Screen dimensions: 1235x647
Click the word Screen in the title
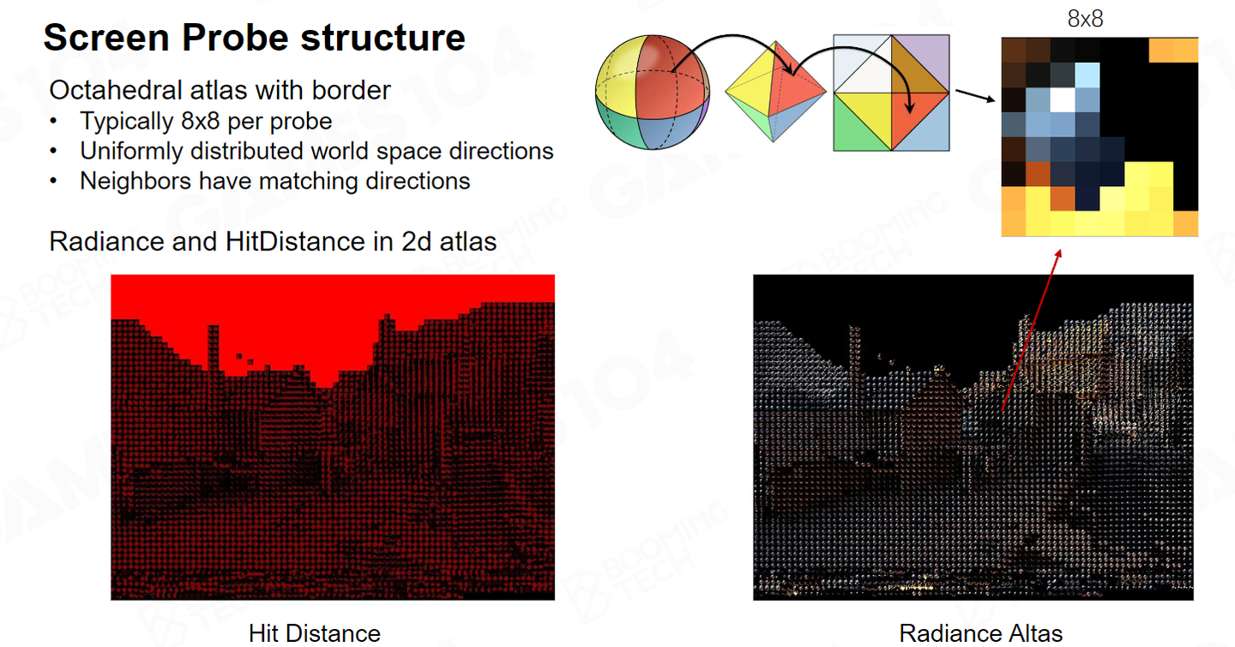click(106, 38)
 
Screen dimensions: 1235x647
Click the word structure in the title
click(383, 38)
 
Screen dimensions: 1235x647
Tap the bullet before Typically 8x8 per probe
click(53, 121)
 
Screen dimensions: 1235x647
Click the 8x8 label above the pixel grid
click(1085, 19)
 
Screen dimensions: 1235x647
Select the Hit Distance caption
click(314, 633)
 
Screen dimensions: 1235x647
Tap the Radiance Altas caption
click(981, 633)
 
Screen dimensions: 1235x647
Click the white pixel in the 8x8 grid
click(1063, 100)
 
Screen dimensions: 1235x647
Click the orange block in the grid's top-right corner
click(1173, 50)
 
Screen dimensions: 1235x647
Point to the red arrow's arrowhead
click(1057, 254)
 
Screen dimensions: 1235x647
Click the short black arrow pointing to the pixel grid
click(975, 96)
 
